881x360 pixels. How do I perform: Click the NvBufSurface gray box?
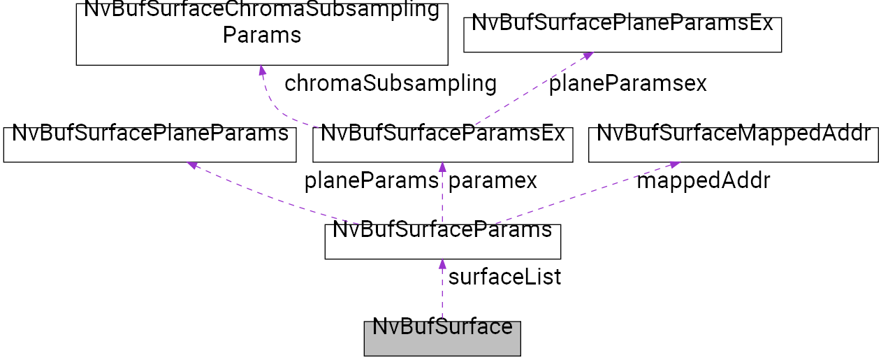click(x=442, y=338)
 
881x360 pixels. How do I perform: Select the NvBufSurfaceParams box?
click(x=442, y=241)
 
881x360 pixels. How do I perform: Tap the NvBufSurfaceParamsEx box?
click(x=442, y=145)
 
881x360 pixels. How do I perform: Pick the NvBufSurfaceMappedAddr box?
click(x=733, y=145)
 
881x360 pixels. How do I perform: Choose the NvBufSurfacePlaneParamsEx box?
click(x=622, y=34)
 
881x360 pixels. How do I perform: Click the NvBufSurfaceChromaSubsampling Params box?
click(x=261, y=34)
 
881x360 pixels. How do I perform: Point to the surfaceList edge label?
click(x=504, y=278)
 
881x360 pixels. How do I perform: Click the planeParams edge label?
click(x=371, y=181)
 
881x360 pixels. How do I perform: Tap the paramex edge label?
click(x=493, y=181)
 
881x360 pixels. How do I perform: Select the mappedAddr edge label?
click(x=703, y=181)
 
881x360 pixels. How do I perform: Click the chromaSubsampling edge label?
click(x=391, y=84)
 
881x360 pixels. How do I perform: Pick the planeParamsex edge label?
click(x=627, y=84)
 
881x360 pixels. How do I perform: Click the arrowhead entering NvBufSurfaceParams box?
click(x=442, y=264)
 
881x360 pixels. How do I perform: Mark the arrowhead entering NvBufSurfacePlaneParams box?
click(x=193, y=165)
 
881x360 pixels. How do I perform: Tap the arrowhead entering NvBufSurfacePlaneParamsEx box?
click(x=588, y=55)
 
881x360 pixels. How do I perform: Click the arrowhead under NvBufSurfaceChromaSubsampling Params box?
click(x=261, y=71)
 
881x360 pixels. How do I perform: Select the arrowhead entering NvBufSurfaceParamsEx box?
click(x=442, y=167)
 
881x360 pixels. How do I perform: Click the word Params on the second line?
click(x=261, y=35)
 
